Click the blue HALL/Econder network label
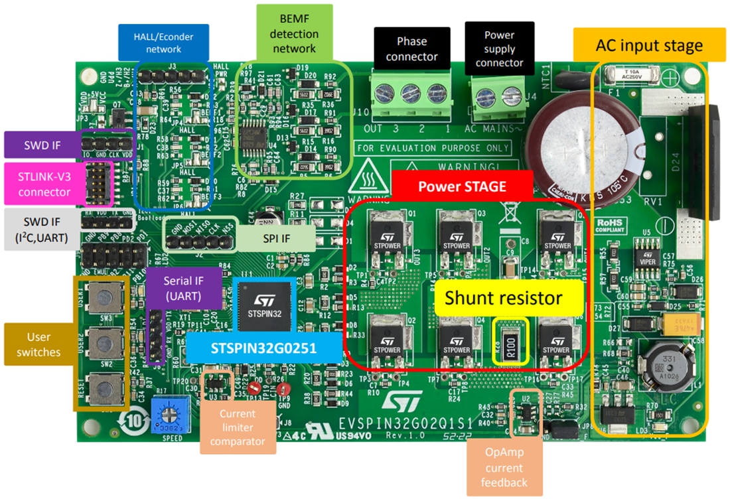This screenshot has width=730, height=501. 163,42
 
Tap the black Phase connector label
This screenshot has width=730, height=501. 411,48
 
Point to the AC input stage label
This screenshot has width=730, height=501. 649,46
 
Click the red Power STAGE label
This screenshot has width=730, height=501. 462,186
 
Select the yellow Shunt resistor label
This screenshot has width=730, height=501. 504,299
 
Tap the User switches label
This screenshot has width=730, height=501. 38,344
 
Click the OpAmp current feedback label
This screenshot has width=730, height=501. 504,467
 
